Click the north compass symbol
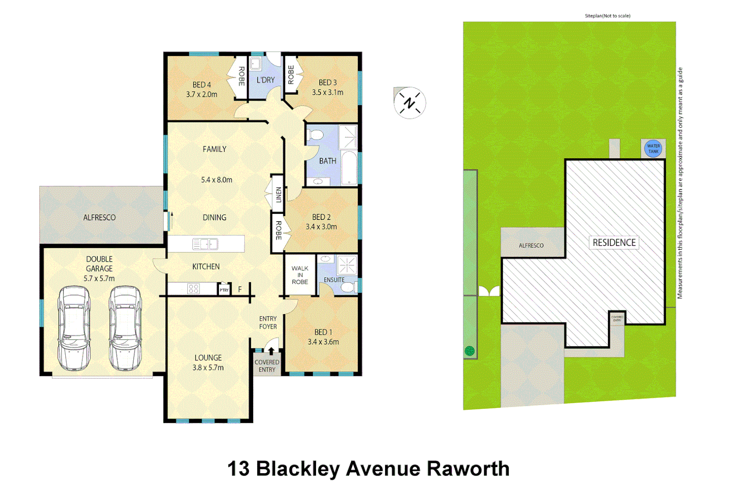tap(409, 103)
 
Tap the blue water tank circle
tap(653, 149)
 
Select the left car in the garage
tap(74, 328)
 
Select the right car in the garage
tap(125, 328)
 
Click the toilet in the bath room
tap(316, 135)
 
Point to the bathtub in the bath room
tap(349, 168)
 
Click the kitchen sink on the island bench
tap(205, 244)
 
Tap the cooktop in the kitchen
tap(193, 289)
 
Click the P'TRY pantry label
tap(224, 290)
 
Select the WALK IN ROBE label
tap(300, 275)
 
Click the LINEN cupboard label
tap(278, 194)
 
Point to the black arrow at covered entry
tap(271, 351)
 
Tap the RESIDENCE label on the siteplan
tap(614, 243)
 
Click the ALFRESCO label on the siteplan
tap(531, 245)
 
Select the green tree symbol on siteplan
tap(469, 351)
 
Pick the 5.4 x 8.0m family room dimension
tap(216, 180)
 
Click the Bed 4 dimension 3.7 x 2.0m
tap(201, 95)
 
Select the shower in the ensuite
tap(347, 265)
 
